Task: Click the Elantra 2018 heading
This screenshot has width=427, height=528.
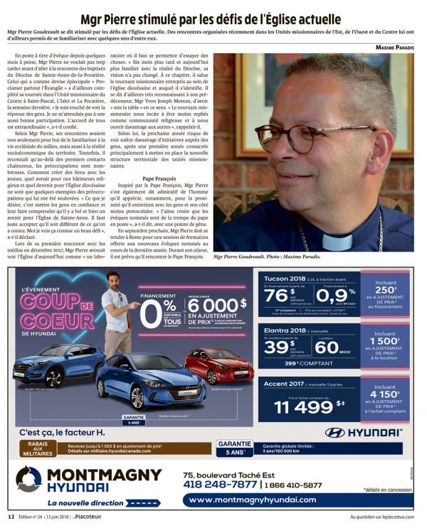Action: tap(280, 333)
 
